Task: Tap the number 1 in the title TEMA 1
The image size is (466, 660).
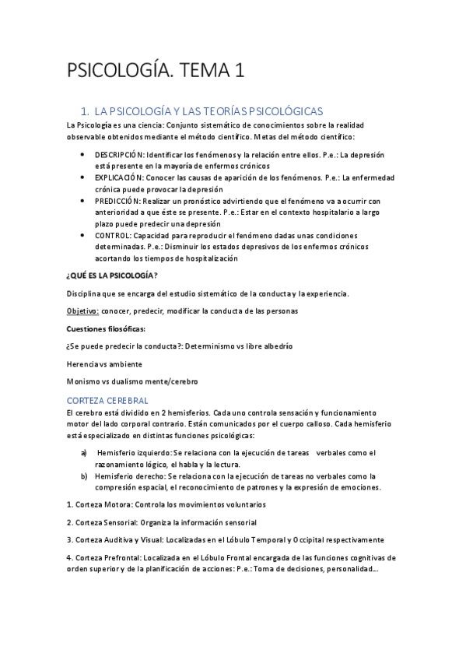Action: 239,72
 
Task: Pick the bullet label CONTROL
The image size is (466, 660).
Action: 113,235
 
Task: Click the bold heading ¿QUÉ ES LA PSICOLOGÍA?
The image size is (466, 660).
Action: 114,276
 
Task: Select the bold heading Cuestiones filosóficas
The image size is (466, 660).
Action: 107,328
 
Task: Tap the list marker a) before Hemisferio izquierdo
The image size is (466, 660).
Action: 84,453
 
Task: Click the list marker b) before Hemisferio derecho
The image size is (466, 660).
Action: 84,476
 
